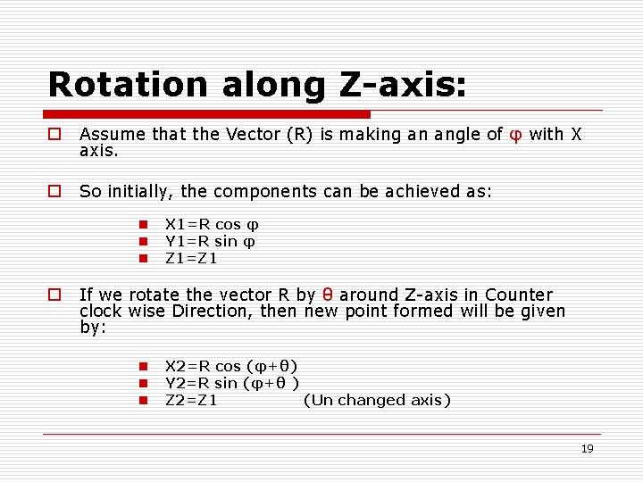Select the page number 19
coord(587,449)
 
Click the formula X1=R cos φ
coord(212,225)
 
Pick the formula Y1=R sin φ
coord(211,242)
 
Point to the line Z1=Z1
coord(191,259)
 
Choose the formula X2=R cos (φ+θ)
coord(231,366)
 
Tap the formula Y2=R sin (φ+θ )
coord(231,383)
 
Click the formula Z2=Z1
coord(191,400)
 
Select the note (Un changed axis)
coord(377,400)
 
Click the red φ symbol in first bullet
coord(515,135)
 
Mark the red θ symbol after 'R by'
coord(328,295)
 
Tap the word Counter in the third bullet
coord(519,295)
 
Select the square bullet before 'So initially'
coord(54,191)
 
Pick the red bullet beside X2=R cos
coord(142,366)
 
